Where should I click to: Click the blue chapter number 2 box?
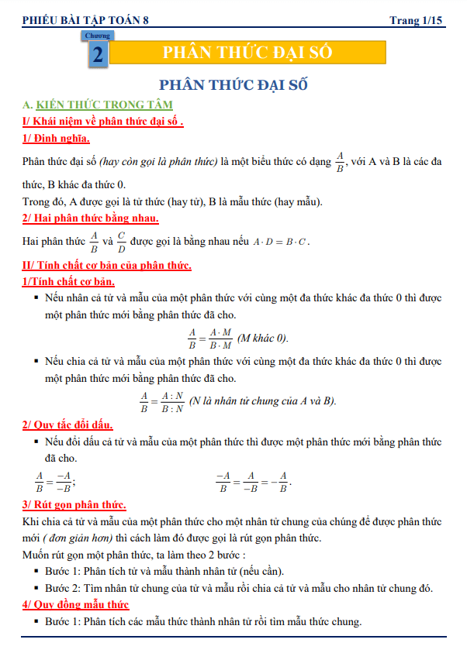98,55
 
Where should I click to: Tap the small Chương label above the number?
97,36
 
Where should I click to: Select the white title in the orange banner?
247,53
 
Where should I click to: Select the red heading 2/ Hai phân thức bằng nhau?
91,218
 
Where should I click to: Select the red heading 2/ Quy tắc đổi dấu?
68,425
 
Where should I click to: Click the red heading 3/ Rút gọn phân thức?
74,504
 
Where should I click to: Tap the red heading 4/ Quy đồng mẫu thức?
76,604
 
